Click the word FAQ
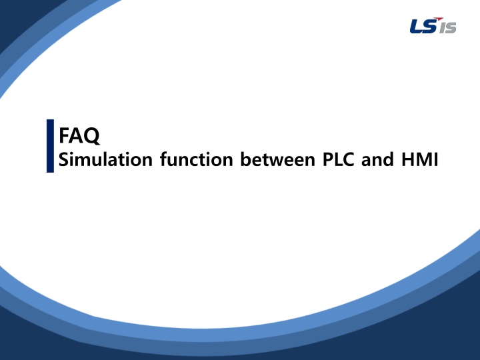[79, 135]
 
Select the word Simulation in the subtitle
[105, 159]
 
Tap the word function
[197, 159]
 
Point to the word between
[277, 159]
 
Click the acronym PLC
[339, 159]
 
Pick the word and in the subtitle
[377, 159]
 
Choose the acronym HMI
[420, 159]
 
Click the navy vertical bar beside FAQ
[50, 146]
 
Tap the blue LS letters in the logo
[423, 26]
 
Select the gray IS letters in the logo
[447, 27]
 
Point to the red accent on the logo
[439, 19]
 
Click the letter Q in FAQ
[91, 136]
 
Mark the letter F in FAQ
[64, 135]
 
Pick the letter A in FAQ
[76, 135]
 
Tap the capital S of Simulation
[63, 159]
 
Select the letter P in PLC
[328, 159]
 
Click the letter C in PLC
[349, 159]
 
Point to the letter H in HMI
[407, 159]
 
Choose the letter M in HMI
[424, 159]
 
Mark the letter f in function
[164, 159]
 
